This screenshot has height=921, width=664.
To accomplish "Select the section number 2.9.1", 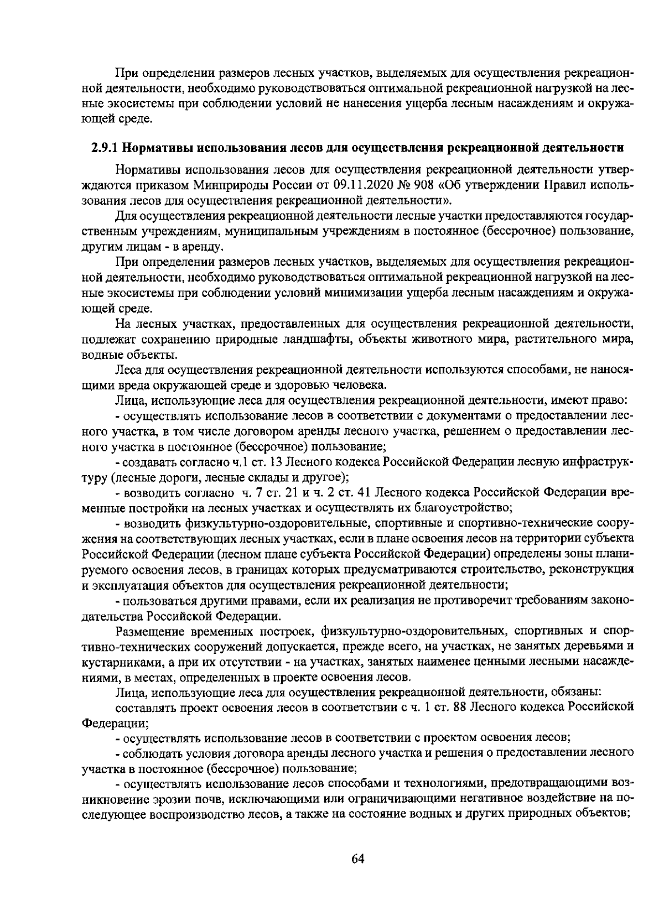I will (x=104, y=148).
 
